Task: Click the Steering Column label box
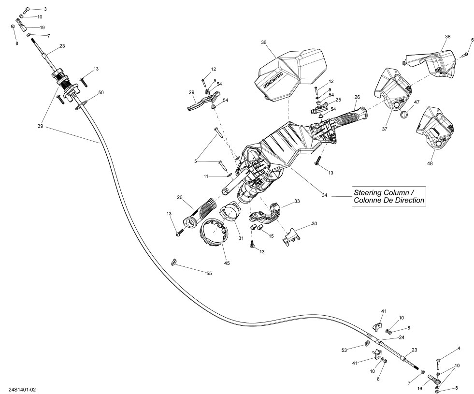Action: pyautogui.click(x=388, y=196)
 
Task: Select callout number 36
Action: pyautogui.click(x=264, y=43)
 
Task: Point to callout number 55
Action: pyautogui.click(x=209, y=274)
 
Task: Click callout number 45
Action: pyautogui.click(x=227, y=263)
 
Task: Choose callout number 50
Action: pyautogui.click(x=101, y=92)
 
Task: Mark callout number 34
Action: pyautogui.click(x=324, y=195)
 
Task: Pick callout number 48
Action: pyautogui.click(x=430, y=163)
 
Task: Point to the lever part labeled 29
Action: pyautogui.click(x=199, y=102)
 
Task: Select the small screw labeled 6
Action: pyautogui.click(x=466, y=54)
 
